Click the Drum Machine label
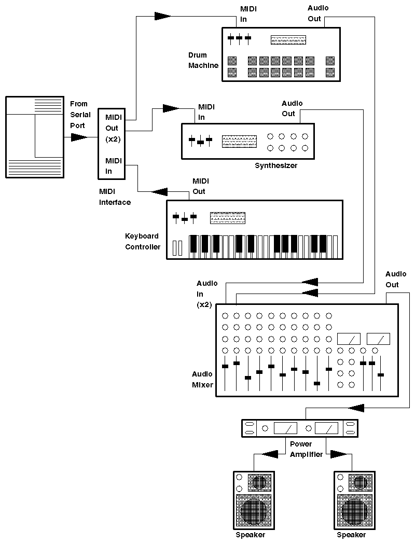203,60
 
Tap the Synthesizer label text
275,166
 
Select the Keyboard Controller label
143,242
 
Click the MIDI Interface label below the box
115,197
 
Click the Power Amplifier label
306,449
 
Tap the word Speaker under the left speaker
250,535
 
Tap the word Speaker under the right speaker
351,535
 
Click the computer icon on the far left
34,137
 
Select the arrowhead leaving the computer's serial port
79,137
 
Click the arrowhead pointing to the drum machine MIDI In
162,16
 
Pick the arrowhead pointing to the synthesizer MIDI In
170,108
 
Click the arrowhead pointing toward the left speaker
270,454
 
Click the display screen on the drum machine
288,40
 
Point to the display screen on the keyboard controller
227,217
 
